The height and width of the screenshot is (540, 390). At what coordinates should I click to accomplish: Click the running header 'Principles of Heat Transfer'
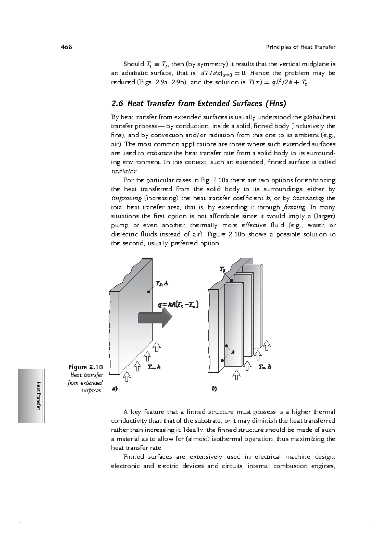click(301, 47)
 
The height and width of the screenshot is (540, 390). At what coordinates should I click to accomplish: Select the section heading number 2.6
click(117, 104)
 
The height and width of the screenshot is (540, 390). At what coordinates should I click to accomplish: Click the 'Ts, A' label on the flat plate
click(162, 283)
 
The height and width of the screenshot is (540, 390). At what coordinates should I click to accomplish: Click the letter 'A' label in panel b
click(233, 352)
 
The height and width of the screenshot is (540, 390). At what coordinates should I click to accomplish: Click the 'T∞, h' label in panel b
click(265, 367)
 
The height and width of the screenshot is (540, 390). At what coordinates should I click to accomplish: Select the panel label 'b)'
click(214, 388)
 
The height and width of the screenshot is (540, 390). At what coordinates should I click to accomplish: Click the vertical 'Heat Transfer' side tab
click(38, 395)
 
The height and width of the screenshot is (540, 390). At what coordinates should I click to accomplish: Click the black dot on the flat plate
click(149, 292)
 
